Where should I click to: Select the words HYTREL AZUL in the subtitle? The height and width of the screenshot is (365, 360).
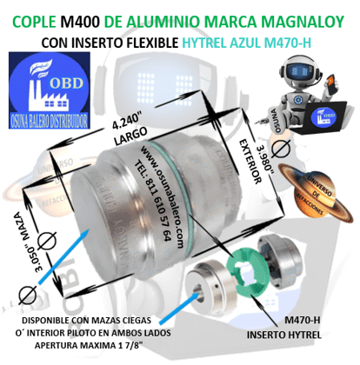pos(227,41)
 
